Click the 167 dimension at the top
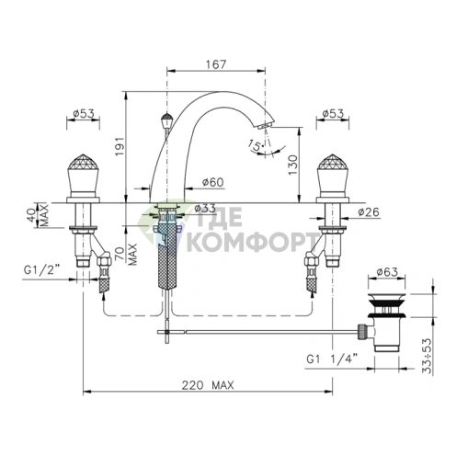point(216,64)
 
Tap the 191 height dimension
point(120,145)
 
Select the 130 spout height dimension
point(292,165)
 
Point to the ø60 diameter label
point(213,182)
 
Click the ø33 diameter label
point(205,208)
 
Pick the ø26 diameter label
point(369,211)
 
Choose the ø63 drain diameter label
point(387,272)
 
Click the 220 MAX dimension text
point(208,385)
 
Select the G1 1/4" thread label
point(332,359)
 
